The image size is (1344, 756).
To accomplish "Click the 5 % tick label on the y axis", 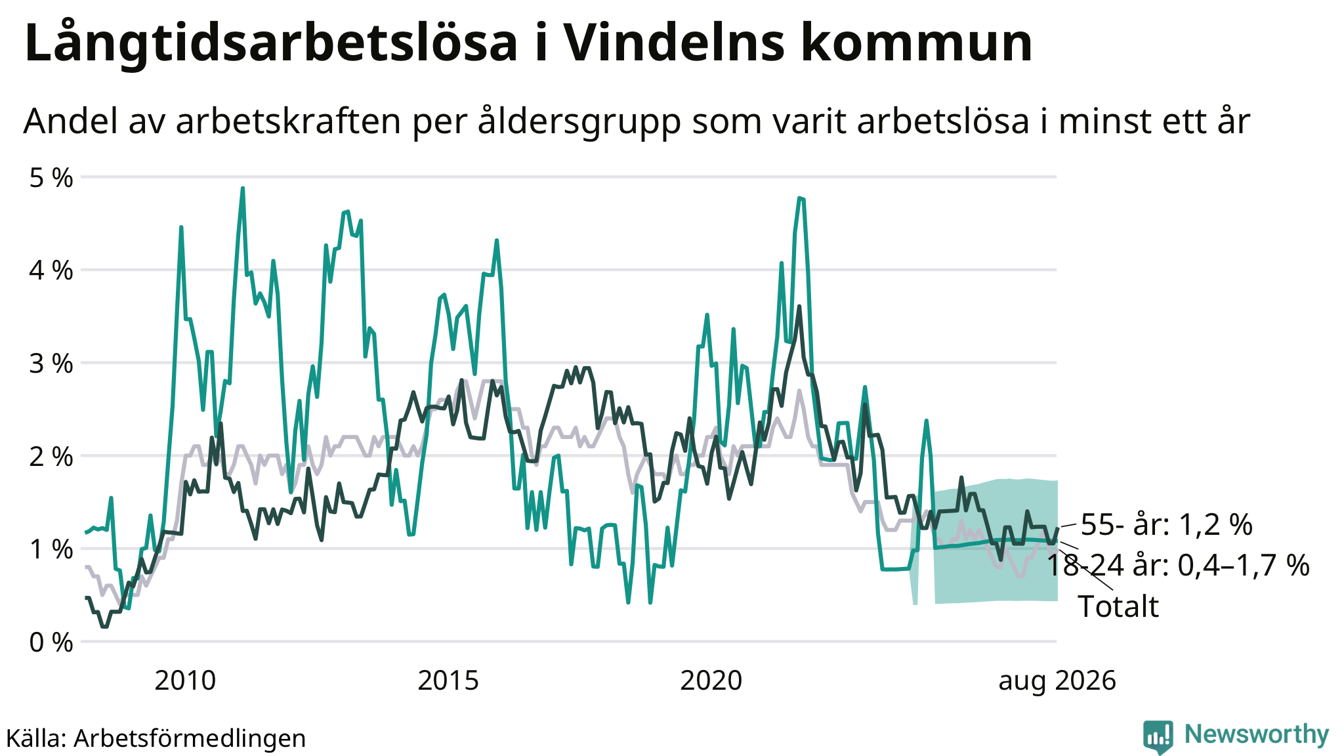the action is tap(51, 178).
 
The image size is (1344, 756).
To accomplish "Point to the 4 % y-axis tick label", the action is tap(51, 270).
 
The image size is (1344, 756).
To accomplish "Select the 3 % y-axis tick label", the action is tap(51, 364).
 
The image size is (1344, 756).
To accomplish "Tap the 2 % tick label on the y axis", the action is tap(51, 456).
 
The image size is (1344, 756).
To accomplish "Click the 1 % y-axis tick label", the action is tap(51, 549).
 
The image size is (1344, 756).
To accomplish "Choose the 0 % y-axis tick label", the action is tap(51, 642).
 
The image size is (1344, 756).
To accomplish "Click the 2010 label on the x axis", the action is tap(185, 681).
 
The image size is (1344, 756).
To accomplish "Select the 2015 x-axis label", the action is tap(448, 681).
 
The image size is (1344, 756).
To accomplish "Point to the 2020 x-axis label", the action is tap(711, 681).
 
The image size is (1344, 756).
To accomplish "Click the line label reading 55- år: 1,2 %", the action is tap(1167, 525).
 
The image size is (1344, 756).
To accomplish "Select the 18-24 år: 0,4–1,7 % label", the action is tap(1178, 565).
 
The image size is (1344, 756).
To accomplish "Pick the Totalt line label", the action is tap(1118, 606).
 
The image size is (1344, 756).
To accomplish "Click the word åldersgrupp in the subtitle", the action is tap(579, 121).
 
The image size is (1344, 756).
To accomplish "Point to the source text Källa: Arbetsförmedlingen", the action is tap(156, 738).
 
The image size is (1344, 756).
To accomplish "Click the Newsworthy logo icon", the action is tap(1158, 736).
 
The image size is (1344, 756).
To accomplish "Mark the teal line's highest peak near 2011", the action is tap(243, 188).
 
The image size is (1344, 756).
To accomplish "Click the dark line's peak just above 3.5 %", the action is tap(799, 306).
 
